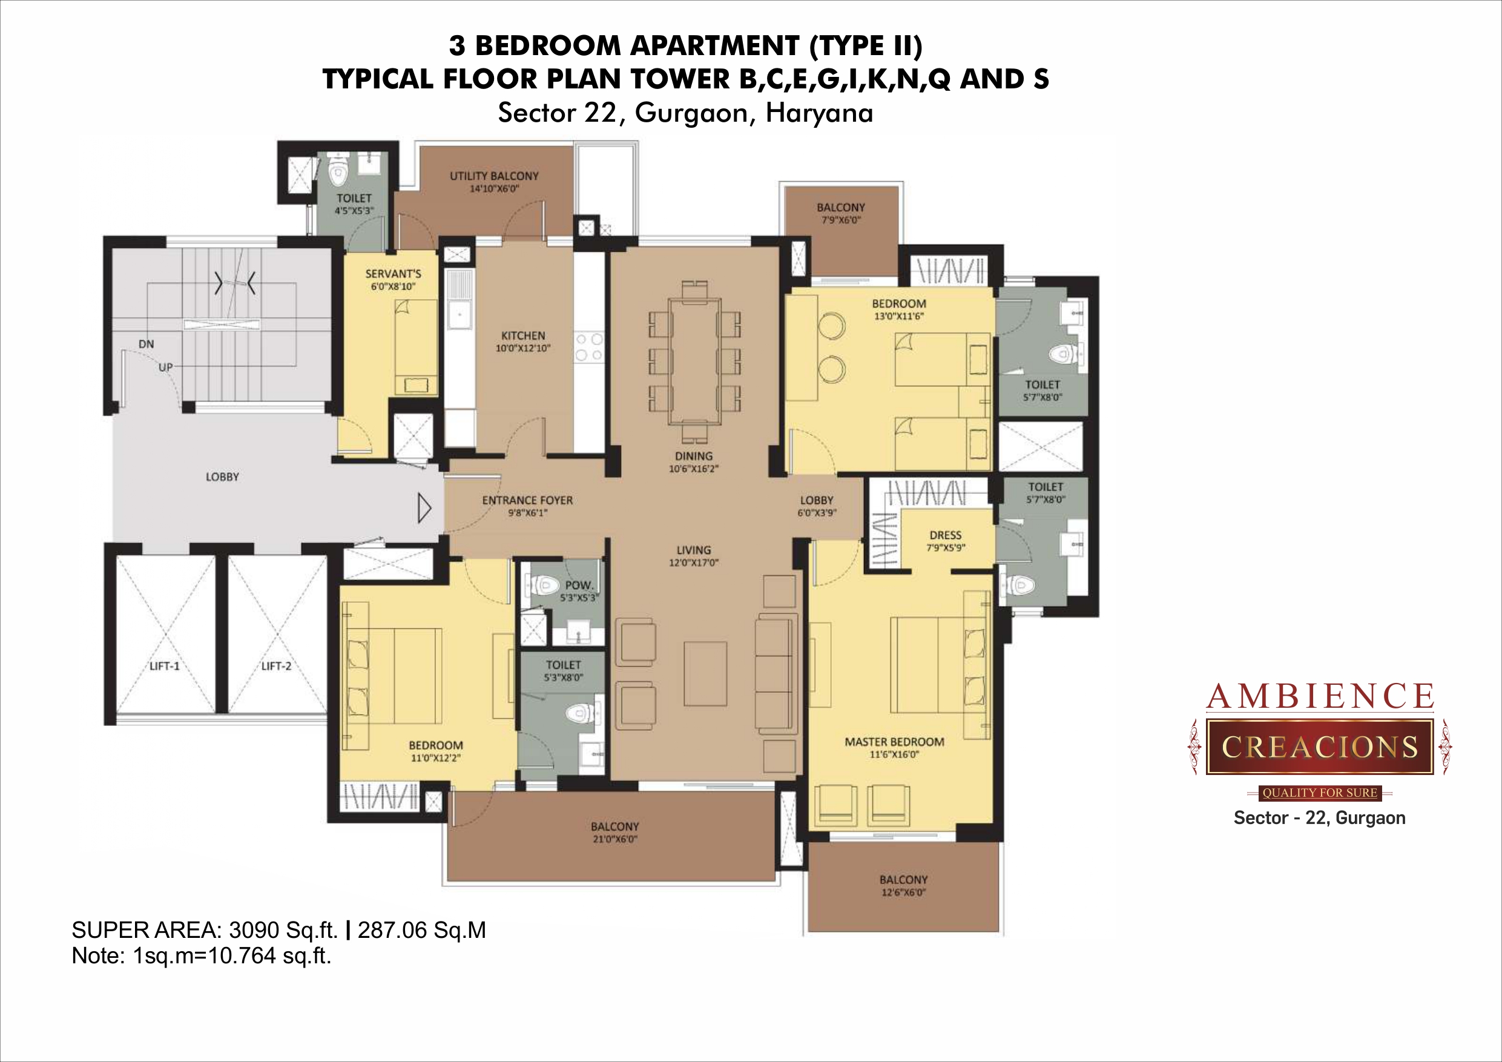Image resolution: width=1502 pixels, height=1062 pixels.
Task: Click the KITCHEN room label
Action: pos(522,335)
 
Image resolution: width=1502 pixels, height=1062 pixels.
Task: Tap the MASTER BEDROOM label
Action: pos(894,742)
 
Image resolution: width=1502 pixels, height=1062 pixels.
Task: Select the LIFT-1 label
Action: pos(164,666)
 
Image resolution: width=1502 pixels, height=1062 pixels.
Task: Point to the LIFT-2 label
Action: pos(276,666)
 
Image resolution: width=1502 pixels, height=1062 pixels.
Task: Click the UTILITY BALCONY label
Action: pos(494,176)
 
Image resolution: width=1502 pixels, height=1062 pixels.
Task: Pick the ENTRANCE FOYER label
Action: pos(527,501)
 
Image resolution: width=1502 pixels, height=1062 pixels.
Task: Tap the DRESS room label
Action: pos(945,535)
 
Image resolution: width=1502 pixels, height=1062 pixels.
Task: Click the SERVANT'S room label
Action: pos(393,274)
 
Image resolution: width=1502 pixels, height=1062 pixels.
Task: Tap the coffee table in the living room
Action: pos(705,673)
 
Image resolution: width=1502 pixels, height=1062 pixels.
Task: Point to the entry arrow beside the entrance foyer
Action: pos(424,509)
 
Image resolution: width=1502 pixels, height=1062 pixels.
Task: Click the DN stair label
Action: pos(146,344)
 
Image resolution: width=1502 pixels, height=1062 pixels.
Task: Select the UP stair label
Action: pos(165,368)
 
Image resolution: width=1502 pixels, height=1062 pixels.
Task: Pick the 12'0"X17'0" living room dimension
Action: pos(693,562)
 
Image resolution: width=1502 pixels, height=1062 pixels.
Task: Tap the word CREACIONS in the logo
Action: pos(1320,747)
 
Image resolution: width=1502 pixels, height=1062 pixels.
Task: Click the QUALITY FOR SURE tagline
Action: pos(1320,793)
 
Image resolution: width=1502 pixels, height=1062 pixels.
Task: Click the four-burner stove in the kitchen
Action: pos(588,348)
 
